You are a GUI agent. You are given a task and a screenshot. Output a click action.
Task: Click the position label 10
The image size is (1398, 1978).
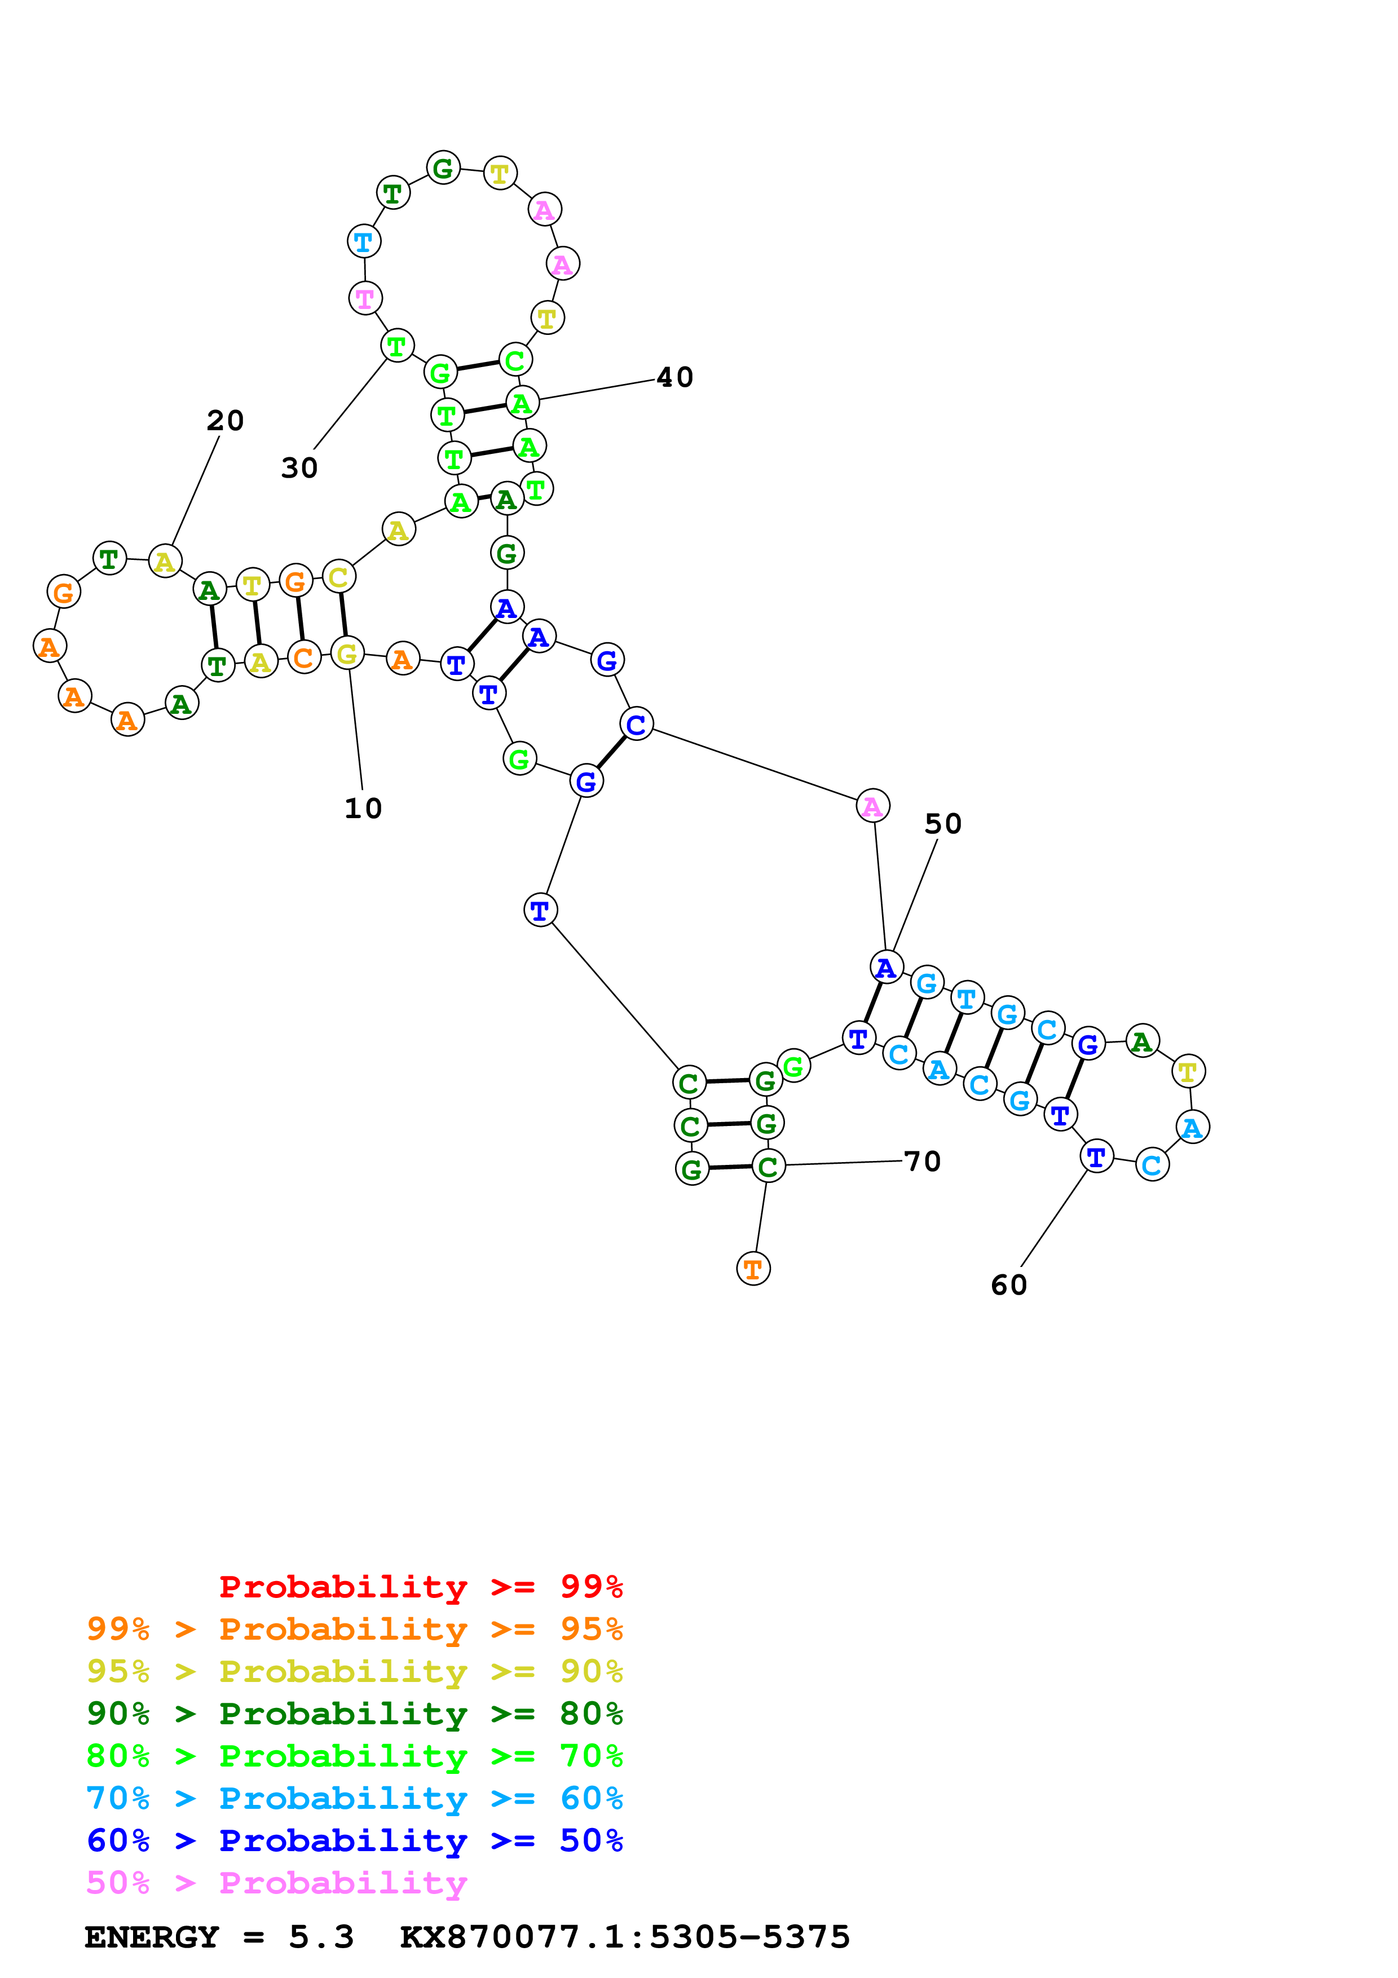click(363, 808)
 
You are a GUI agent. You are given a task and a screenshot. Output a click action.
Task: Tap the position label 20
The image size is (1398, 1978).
click(225, 421)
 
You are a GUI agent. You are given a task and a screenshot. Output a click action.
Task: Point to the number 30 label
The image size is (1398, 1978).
click(299, 468)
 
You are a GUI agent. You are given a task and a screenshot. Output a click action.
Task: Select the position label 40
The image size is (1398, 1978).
click(674, 377)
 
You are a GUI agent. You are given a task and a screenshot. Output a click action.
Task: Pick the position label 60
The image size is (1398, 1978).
click(1009, 1284)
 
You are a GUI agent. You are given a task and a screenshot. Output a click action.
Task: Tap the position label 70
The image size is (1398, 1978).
click(921, 1162)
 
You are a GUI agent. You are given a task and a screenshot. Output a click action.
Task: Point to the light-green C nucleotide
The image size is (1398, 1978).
click(514, 360)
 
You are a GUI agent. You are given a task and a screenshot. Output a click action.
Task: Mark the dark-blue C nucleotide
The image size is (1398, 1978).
click(636, 725)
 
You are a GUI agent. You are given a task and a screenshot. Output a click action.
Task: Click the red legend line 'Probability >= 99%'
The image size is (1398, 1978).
click(420, 1586)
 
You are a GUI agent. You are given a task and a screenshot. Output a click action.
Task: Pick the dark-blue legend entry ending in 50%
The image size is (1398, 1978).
click(354, 1840)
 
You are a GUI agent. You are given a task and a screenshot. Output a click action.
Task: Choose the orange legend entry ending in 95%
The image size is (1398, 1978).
click(354, 1629)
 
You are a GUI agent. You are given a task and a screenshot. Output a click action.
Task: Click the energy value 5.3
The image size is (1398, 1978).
click(320, 1937)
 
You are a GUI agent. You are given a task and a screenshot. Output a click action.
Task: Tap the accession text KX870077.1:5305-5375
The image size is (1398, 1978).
click(624, 1937)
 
